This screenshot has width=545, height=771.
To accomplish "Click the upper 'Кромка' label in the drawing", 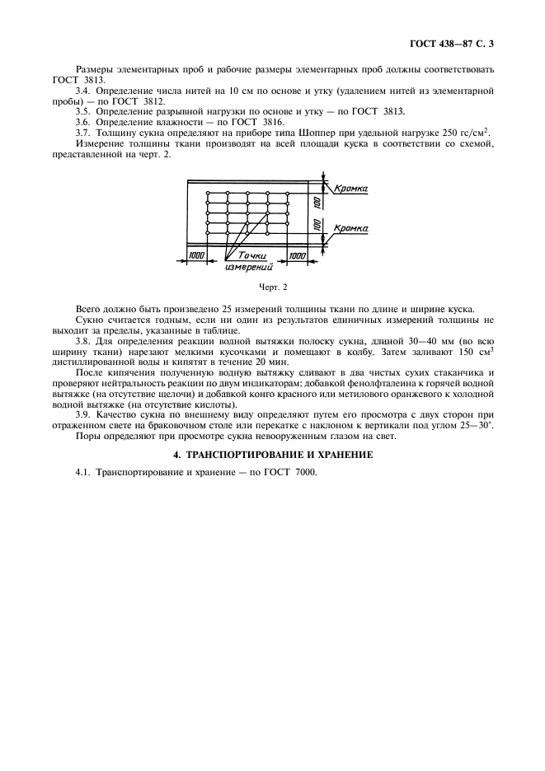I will click(350, 189).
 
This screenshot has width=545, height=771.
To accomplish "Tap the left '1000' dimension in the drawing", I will click(195, 256).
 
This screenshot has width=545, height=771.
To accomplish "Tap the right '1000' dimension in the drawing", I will click(297, 256).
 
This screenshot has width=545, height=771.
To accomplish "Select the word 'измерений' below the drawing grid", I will click(248, 267).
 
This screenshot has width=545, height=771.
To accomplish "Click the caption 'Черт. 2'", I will click(272, 287).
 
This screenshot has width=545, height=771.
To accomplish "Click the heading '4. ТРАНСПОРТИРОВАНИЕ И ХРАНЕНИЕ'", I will click(272, 454).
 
